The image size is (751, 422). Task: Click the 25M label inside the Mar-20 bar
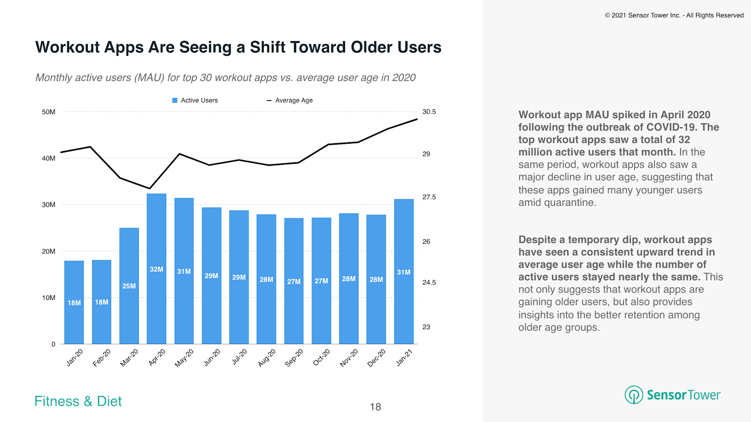click(x=129, y=286)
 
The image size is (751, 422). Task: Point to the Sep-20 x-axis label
click(x=294, y=358)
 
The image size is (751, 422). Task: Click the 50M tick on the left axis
click(x=48, y=112)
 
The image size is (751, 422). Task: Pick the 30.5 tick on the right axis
click(x=429, y=112)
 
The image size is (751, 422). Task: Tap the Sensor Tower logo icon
click(x=634, y=395)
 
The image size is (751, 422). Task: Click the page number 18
click(x=375, y=407)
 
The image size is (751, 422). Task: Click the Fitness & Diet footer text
click(x=78, y=401)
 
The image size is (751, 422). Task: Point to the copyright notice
click(x=674, y=15)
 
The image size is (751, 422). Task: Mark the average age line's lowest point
click(x=150, y=189)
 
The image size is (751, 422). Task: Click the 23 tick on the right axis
click(x=426, y=327)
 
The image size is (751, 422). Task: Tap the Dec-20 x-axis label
click(x=376, y=358)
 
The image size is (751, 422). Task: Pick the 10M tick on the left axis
click(x=48, y=298)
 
